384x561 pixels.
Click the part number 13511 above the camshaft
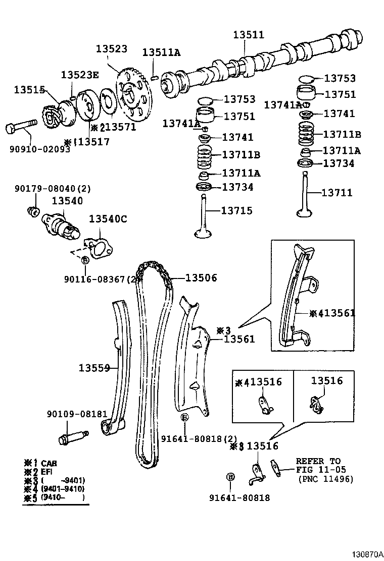coord(248,35)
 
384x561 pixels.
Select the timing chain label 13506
coord(201,277)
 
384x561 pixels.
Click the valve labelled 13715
coord(204,217)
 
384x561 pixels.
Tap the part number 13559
coord(94,368)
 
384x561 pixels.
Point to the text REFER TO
coord(318,461)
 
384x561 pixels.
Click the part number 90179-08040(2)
coord(52,188)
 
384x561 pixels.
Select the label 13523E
coord(80,75)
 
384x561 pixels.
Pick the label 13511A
coord(161,52)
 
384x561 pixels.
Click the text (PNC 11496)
coord(325,479)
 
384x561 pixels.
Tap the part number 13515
coord(29,90)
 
